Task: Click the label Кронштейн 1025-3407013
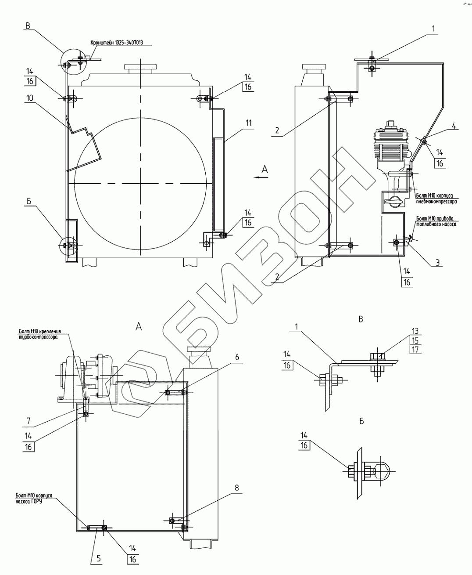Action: click(x=117, y=43)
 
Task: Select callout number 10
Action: click(x=29, y=98)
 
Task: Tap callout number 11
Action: click(x=248, y=123)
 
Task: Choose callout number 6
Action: click(x=237, y=357)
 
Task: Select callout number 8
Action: click(x=237, y=487)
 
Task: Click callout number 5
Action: click(x=98, y=559)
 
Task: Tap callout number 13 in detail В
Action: click(x=415, y=331)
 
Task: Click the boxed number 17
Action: click(x=415, y=350)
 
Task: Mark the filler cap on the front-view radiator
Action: click(x=140, y=70)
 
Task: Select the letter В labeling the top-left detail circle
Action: click(x=28, y=26)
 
